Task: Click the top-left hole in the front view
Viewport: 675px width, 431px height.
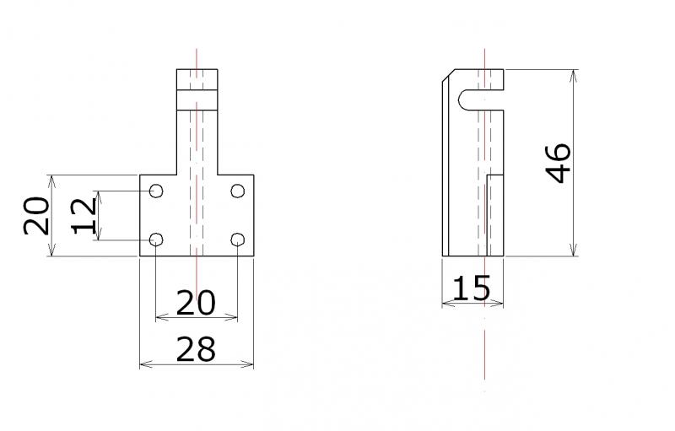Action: click(x=156, y=191)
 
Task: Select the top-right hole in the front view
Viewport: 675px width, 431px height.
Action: click(x=238, y=191)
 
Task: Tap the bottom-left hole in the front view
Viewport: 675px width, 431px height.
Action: click(x=156, y=240)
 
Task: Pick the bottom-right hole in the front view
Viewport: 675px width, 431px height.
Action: click(x=238, y=240)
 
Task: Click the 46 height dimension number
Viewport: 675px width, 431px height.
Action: click(x=559, y=163)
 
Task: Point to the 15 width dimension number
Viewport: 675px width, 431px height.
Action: click(x=472, y=288)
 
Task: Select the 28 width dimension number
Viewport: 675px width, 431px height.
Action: click(x=196, y=349)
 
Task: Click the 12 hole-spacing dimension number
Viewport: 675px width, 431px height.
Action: click(x=84, y=216)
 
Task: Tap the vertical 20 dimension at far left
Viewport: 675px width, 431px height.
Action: click(x=36, y=216)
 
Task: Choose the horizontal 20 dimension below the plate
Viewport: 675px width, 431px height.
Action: click(x=196, y=303)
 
